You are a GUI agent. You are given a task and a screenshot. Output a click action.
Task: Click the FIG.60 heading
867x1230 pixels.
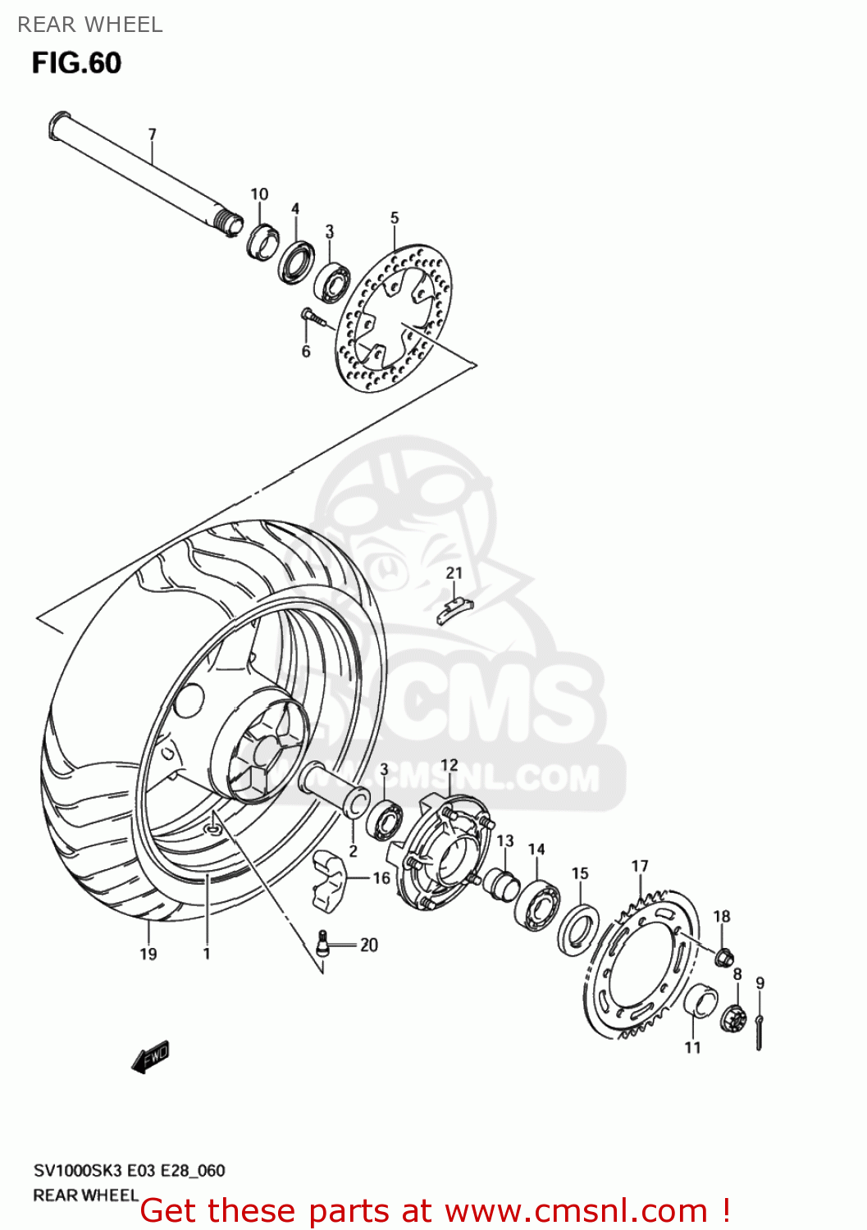[x=76, y=63]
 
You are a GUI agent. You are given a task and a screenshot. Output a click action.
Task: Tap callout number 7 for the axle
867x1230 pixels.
[x=152, y=134]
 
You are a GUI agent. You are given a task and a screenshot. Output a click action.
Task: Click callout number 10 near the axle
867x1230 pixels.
[x=259, y=194]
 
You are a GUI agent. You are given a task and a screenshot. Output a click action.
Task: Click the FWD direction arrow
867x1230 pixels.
[x=151, y=1058]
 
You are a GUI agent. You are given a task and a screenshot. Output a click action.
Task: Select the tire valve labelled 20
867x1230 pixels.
[x=323, y=943]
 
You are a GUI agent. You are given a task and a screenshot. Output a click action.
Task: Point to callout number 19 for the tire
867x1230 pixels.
[x=148, y=954]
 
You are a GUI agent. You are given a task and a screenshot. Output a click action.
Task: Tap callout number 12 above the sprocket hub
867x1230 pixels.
[x=449, y=766]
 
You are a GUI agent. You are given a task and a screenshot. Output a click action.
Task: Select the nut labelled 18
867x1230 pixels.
[x=723, y=956]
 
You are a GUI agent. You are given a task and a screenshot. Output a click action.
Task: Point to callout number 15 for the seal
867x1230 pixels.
[x=580, y=873]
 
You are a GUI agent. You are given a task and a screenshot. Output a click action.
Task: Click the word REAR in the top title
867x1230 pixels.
[x=46, y=25]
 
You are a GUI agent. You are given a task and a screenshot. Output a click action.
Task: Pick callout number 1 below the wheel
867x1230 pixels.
[x=207, y=954]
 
